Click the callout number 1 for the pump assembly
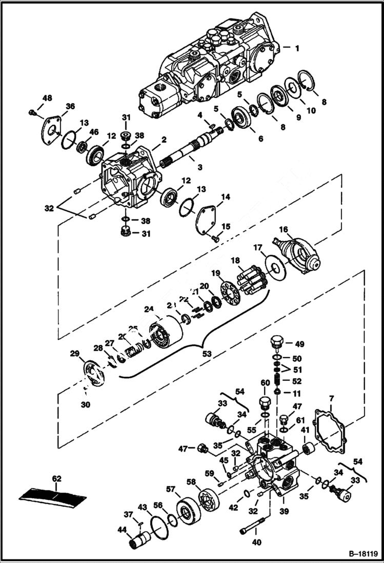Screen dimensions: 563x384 tap(297, 48)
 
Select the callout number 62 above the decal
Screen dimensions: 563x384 tap(56, 479)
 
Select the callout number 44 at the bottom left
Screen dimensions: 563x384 tap(123, 530)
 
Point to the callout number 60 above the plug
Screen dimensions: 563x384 tap(265, 383)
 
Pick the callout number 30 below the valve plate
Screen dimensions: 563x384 tap(85, 404)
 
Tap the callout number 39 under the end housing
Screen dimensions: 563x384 tap(284, 511)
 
